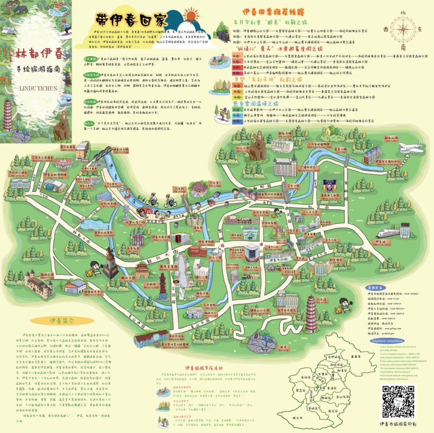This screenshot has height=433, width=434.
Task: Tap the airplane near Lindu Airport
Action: (x=411, y=147)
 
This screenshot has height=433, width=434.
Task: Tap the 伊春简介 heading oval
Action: (x=59, y=321)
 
